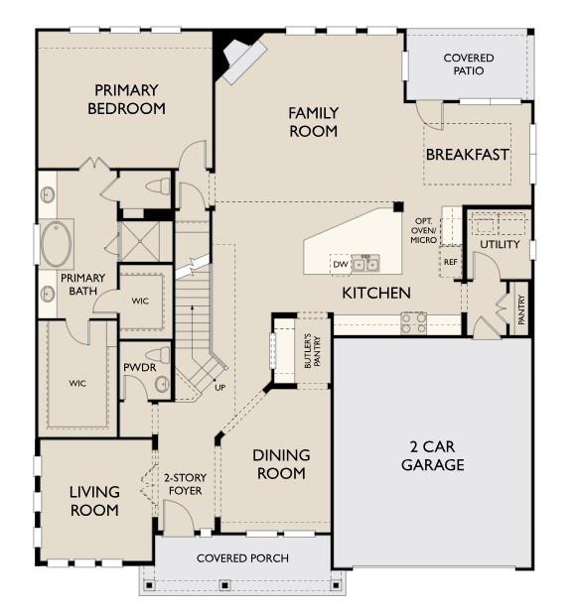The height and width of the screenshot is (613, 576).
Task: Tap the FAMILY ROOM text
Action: tap(314, 121)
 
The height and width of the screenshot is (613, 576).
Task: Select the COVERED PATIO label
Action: tap(468, 64)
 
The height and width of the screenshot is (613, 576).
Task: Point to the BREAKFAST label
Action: tap(467, 155)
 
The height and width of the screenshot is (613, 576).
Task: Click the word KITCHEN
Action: tap(376, 293)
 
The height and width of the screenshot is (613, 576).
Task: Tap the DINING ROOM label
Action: tap(281, 464)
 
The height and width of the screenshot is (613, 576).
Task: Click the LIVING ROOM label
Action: tap(94, 501)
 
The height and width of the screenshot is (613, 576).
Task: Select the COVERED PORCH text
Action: tap(242, 558)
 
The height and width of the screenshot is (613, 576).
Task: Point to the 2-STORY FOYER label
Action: tap(185, 483)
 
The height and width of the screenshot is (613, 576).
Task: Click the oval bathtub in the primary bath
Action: tap(57, 244)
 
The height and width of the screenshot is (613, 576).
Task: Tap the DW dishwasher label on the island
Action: tap(340, 265)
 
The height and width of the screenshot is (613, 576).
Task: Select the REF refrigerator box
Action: tap(450, 262)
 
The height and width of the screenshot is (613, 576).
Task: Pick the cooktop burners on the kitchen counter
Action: tap(412, 322)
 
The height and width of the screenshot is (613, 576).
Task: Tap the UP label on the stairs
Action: tap(220, 387)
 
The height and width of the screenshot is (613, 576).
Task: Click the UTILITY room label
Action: tap(500, 244)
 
